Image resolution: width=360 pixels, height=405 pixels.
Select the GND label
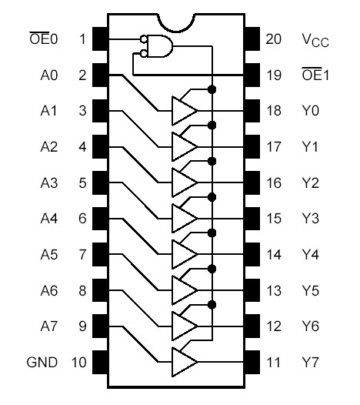click(42, 362)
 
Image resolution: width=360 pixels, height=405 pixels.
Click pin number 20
click(273, 38)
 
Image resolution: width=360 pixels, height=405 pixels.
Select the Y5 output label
click(310, 290)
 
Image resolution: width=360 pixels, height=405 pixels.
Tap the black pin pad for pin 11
click(252, 362)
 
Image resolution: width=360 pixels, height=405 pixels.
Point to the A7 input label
click(49, 326)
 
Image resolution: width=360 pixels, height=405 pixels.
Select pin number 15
click(273, 219)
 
